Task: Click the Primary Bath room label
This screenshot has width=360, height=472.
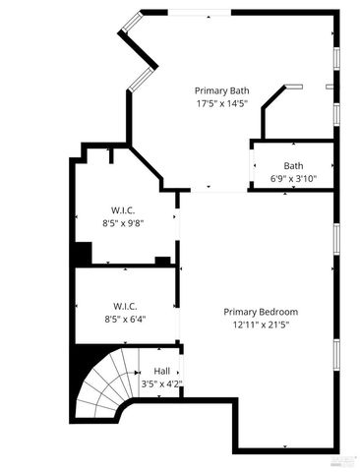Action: point(221,89)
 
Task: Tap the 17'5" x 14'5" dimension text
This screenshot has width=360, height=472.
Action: point(221,101)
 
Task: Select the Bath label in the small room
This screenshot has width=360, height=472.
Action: point(293,165)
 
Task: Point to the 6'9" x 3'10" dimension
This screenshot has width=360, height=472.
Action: point(293,178)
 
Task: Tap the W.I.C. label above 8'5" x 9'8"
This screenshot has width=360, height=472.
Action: point(124,210)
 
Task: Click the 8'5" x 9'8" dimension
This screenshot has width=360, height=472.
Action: point(124,223)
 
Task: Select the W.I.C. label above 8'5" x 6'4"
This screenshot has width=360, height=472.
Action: point(124,305)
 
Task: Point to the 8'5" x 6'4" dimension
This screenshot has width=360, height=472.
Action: point(124,318)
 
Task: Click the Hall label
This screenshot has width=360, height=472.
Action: point(160,371)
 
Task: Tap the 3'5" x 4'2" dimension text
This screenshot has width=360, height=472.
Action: point(160,383)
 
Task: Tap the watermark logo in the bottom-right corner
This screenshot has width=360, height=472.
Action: point(343,460)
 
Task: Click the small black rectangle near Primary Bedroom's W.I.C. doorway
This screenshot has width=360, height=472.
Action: point(162,261)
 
